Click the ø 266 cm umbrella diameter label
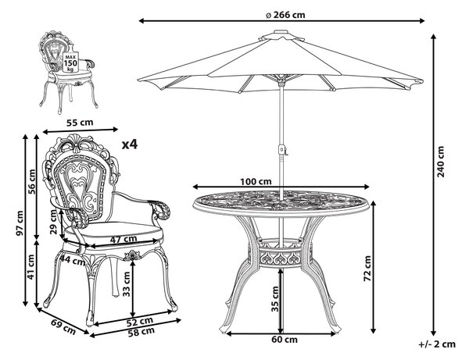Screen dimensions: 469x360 point(285,14)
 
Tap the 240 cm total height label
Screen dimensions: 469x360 point(441,162)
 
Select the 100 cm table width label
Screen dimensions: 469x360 point(256,181)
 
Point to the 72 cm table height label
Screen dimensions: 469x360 point(367,268)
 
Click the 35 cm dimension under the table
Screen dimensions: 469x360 point(275,299)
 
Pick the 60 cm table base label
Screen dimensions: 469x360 point(285,340)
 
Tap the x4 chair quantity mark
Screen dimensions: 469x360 point(130,144)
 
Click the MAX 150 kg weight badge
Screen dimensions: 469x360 point(70,62)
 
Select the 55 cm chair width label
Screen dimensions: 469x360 point(80,122)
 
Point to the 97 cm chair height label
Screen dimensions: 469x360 point(20,223)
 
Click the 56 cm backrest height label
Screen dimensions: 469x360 point(32,181)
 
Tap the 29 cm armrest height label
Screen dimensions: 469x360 point(53,221)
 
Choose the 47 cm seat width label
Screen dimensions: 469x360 point(124,239)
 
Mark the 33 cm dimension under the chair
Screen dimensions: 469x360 point(127,283)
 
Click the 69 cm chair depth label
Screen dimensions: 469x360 point(63,326)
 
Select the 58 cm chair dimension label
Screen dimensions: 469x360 point(141,332)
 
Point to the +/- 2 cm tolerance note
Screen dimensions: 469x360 point(437,344)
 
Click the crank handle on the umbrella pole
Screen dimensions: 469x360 point(282,150)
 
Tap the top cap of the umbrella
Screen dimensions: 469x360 point(281,32)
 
